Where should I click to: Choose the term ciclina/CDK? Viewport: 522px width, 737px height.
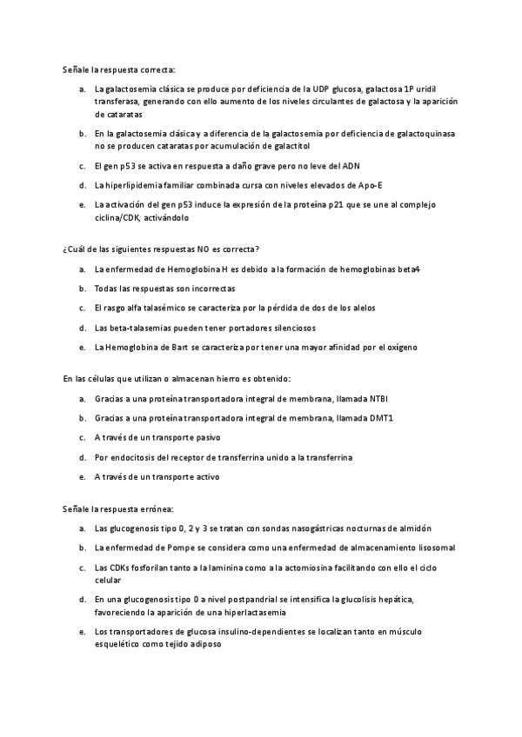[x=117, y=217]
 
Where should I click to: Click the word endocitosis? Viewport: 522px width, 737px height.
[x=132, y=457]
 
